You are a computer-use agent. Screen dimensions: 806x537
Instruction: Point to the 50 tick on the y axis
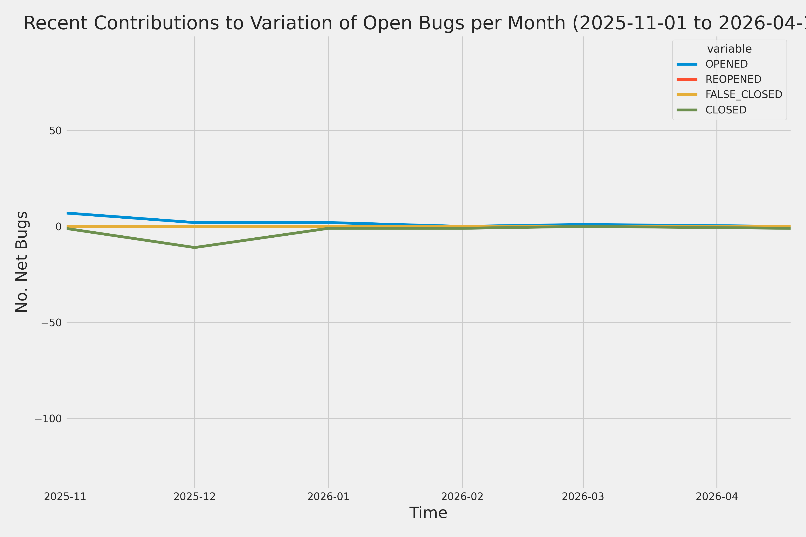(56, 130)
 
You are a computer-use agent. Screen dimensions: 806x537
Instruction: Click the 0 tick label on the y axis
(59, 226)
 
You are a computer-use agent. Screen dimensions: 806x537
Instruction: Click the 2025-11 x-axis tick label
(65, 497)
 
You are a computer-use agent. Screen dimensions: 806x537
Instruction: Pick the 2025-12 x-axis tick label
(195, 497)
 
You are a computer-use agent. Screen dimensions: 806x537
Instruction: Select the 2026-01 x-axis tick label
(328, 497)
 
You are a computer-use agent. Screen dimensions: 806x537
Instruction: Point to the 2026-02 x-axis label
(462, 497)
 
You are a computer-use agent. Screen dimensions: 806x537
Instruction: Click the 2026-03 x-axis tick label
(583, 497)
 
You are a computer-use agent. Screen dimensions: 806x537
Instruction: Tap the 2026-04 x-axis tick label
(717, 497)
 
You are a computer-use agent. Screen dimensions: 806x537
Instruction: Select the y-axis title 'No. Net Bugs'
(21, 262)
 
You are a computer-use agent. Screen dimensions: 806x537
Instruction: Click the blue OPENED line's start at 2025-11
(68, 213)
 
